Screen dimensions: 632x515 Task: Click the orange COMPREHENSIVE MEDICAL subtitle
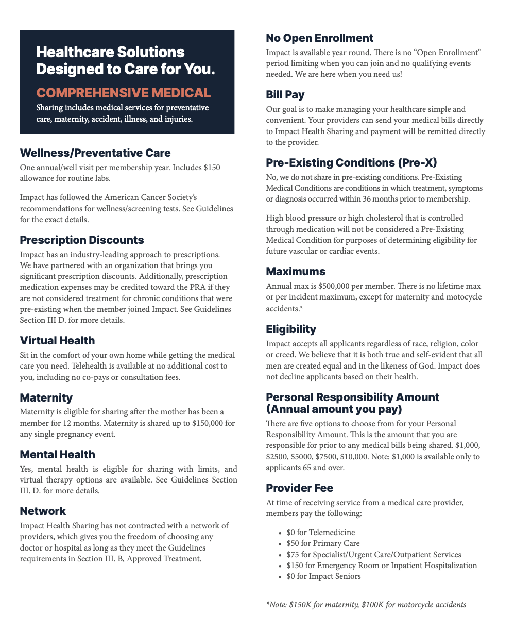coord(123,93)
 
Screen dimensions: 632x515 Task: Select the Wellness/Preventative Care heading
coord(95,153)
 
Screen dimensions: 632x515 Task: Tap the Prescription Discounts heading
coord(82,240)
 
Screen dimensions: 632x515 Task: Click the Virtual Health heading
coord(57,341)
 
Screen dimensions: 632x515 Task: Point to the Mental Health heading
coord(57,455)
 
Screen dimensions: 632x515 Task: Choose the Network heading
coord(43,511)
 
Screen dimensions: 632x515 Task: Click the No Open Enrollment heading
coord(319,38)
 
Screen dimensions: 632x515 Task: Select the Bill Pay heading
coord(285,95)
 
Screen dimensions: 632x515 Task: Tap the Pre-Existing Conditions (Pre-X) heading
coord(351,163)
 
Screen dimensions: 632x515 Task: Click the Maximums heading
coord(296,272)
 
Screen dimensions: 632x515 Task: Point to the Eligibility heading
coord(291,329)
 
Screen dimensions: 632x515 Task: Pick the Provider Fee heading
coord(299,488)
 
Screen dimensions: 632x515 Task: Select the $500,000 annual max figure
coord(336,286)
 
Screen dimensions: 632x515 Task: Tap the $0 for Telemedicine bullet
coord(320,533)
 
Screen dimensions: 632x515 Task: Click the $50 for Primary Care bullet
coord(323,543)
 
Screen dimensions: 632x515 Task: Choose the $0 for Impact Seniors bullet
coord(323,576)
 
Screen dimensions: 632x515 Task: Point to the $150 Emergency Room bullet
coord(381,566)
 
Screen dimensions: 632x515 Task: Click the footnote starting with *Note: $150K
coord(366,605)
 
